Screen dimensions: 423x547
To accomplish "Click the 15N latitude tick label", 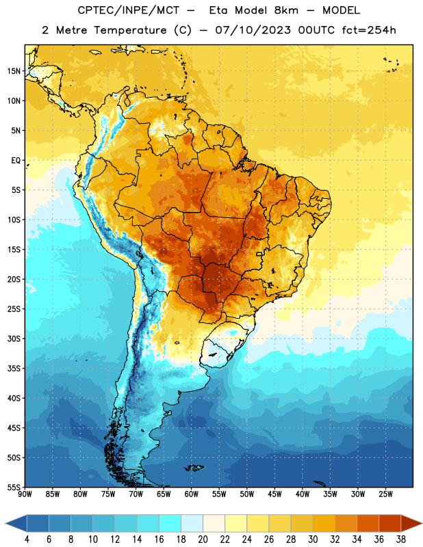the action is pyautogui.click(x=14, y=71).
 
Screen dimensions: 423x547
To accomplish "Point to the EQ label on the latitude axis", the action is pyautogui.click(x=16, y=161).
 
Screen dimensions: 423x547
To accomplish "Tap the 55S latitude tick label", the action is pyautogui.click(x=14, y=487).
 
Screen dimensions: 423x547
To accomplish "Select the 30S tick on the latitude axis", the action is pyautogui.click(x=14, y=338).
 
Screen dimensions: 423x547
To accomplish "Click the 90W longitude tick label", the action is pyautogui.click(x=25, y=494).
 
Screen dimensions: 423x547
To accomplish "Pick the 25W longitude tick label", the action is pyautogui.click(x=385, y=494).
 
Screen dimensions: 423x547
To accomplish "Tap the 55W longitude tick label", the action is pyautogui.click(x=219, y=494).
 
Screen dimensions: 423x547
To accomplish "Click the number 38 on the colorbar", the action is pyautogui.click(x=400, y=539).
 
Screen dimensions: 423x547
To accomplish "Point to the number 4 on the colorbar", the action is pyautogui.click(x=27, y=539).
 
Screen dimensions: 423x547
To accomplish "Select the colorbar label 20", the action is pyautogui.click(x=203, y=539).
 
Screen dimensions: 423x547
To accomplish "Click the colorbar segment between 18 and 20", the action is pyautogui.click(x=192, y=523).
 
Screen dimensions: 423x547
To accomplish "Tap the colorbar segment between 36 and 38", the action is pyautogui.click(x=390, y=523).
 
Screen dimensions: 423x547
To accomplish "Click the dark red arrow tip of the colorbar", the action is pyautogui.click(x=421, y=523).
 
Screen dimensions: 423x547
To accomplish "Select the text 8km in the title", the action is pyautogui.click(x=286, y=10).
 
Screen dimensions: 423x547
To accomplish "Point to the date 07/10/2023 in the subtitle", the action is pyautogui.click(x=253, y=30).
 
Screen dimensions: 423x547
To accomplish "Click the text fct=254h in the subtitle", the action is pyautogui.click(x=369, y=30).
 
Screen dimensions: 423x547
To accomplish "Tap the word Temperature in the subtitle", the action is pyautogui.click(x=130, y=30).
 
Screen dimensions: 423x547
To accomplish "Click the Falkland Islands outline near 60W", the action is pyautogui.click(x=194, y=468).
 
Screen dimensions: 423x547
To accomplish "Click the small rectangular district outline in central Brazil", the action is pyautogui.click(x=259, y=254).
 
